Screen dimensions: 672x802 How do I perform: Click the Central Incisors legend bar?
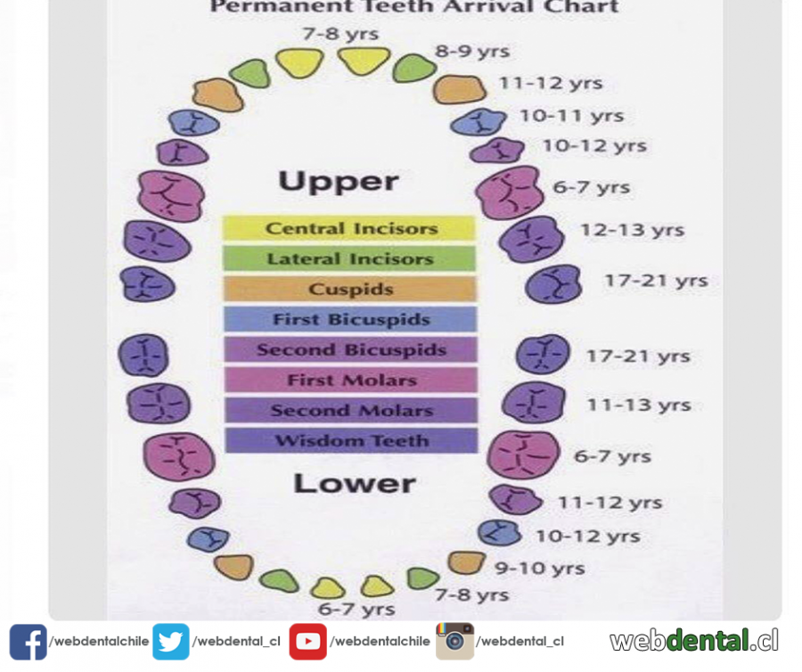349,228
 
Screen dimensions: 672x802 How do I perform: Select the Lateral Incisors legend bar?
349,258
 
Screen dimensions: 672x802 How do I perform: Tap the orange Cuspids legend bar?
349,289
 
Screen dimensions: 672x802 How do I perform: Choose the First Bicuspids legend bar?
349,319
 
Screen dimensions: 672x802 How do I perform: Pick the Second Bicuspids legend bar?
350,349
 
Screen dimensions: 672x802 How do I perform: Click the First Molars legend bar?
350,380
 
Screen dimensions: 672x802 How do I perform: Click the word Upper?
338,182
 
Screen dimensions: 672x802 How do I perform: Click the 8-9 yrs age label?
471,51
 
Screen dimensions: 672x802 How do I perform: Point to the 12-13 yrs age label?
632,230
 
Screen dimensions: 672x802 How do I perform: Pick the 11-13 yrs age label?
638,405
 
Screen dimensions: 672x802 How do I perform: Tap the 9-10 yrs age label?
540,568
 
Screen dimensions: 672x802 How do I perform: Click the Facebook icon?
28,642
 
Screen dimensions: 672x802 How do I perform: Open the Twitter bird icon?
171,642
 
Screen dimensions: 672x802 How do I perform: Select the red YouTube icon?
307,642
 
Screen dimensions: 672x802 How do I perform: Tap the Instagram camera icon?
454,641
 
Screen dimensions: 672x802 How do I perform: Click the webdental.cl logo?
693,640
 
